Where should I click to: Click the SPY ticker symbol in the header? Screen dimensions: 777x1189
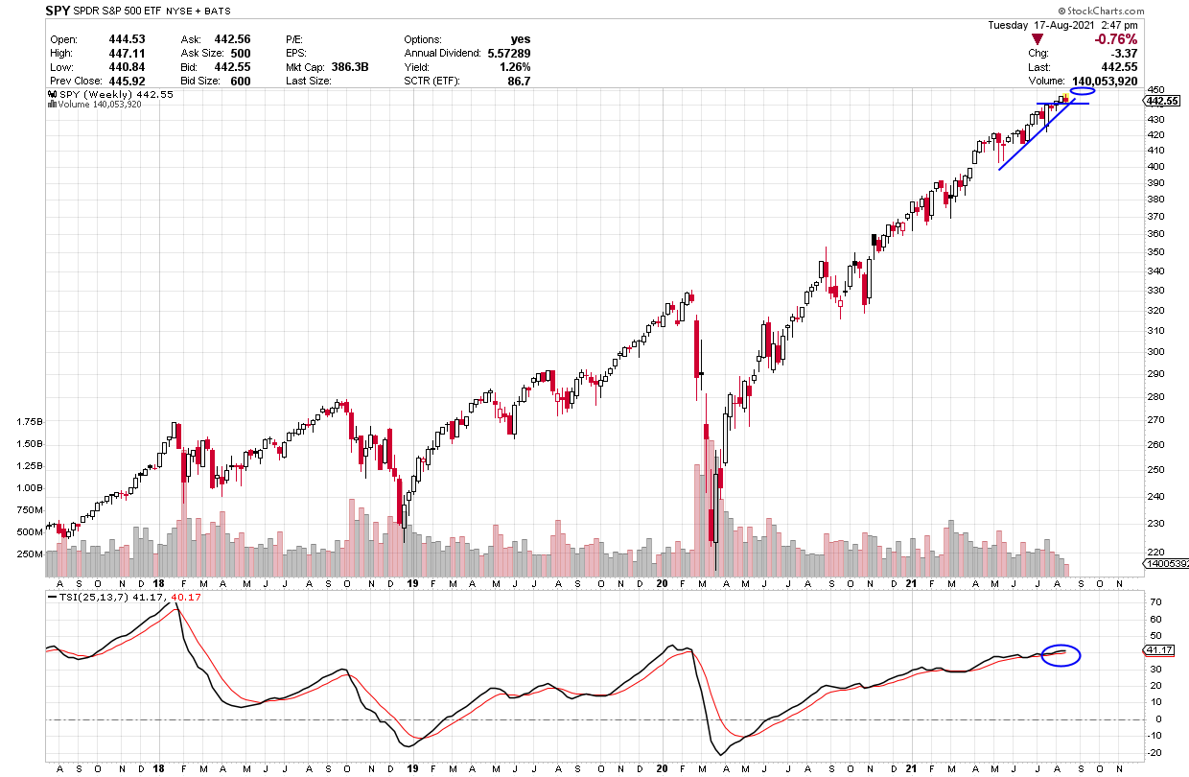(58, 12)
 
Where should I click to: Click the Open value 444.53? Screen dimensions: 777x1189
(127, 39)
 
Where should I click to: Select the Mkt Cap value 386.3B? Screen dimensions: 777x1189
(348, 67)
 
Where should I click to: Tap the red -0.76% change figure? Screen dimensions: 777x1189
(1115, 39)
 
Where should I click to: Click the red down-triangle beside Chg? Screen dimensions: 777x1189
(1036, 39)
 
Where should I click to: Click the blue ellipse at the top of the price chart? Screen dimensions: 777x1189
(1083, 92)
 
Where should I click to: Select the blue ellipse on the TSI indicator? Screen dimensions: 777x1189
(1061, 655)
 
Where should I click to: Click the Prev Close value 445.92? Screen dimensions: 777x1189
(127, 81)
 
